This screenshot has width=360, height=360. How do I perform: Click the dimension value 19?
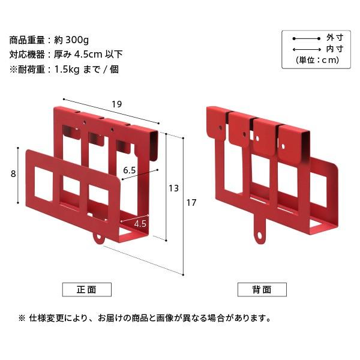(x=116, y=104)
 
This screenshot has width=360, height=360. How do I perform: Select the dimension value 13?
(x=173, y=188)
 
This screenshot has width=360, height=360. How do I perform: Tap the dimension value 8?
(x=13, y=174)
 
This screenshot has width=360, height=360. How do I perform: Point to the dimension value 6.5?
(x=129, y=170)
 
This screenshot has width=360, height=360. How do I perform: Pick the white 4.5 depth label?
(x=140, y=223)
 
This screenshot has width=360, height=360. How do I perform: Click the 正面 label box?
(x=86, y=289)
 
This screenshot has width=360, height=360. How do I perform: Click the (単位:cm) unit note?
(x=318, y=59)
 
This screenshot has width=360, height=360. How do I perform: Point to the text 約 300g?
(x=71, y=40)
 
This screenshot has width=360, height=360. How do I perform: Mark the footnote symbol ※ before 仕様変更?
(x=22, y=318)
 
